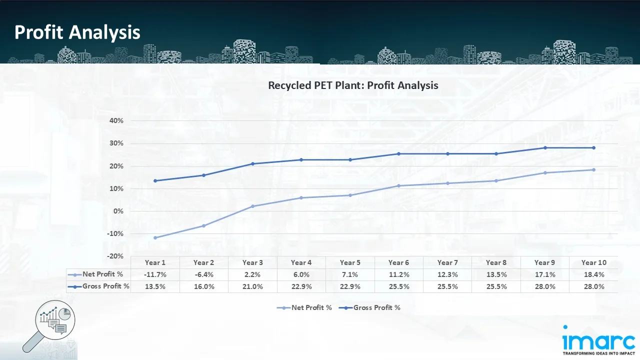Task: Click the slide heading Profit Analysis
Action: [77, 32]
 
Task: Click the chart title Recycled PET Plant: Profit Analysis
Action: [353, 85]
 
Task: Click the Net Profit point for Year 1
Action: [155, 237]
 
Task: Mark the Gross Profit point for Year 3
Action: [252, 163]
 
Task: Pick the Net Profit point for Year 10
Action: [594, 169]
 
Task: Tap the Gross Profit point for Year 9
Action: [545, 147]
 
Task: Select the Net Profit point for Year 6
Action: [398, 185]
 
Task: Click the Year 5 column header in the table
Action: [350, 262]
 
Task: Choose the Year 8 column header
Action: [496, 262]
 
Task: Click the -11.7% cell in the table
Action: [155, 274]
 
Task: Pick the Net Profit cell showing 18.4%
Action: [594, 274]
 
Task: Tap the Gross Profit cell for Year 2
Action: [203, 286]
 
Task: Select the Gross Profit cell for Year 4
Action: [301, 286]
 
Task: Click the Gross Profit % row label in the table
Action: [99, 286]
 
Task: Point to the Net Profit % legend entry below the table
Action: [304, 307]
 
